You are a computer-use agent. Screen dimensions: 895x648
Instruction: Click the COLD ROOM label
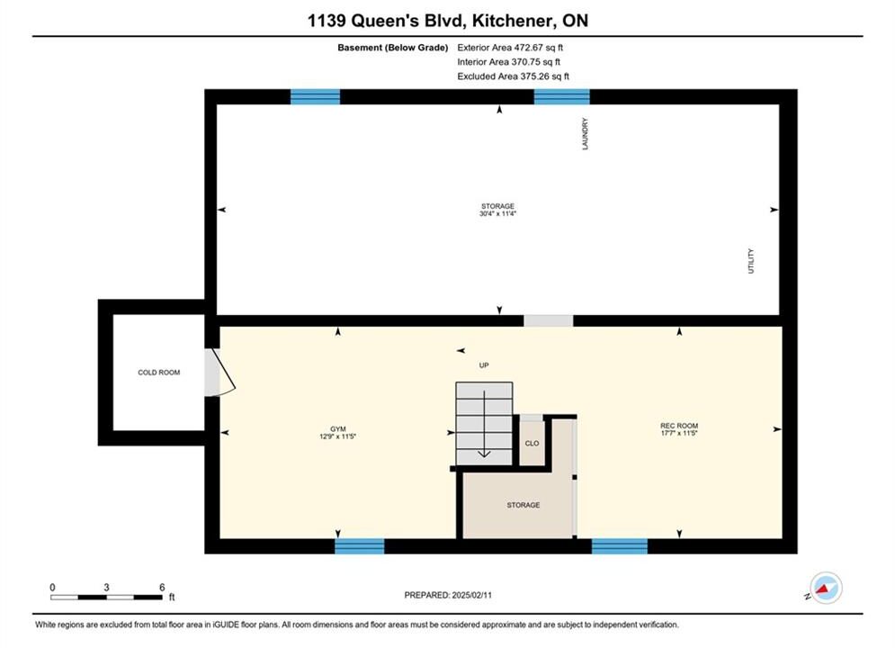pyautogui.click(x=158, y=373)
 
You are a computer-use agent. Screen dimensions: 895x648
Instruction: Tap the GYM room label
pyautogui.click(x=338, y=428)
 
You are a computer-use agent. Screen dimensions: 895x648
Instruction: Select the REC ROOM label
pyautogui.click(x=679, y=426)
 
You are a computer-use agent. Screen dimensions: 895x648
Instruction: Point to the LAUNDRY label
pyautogui.click(x=585, y=134)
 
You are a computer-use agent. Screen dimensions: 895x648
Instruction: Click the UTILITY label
pyautogui.click(x=751, y=261)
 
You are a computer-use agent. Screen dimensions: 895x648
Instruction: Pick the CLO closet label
pyautogui.click(x=532, y=443)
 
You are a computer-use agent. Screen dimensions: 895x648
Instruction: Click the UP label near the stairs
pyautogui.click(x=484, y=365)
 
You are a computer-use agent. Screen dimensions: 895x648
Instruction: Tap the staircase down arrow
pyautogui.click(x=484, y=424)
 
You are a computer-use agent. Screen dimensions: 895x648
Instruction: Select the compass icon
pyautogui.click(x=826, y=588)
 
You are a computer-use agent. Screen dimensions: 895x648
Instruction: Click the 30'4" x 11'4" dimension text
pyautogui.click(x=497, y=213)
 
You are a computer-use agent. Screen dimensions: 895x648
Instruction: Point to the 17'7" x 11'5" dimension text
pyautogui.click(x=679, y=433)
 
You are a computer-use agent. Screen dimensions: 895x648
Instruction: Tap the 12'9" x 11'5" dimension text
pyautogui.click(x=338, y=436)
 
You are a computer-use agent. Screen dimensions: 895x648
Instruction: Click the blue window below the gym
pyautogui.click(x=360, y=546)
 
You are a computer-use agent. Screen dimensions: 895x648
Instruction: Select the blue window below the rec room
pyautogui.click(x=620, y=546)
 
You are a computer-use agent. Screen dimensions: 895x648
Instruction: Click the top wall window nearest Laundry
pyautogui.click(x=561, y=97)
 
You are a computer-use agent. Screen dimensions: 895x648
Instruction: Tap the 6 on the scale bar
pyautogui.click(x=162, y=587)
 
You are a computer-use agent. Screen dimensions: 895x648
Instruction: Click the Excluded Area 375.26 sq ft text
pyautogui.click(x=513, y=76)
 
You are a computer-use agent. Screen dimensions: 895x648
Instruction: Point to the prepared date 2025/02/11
pyautogui.click(x=471, y=595)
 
